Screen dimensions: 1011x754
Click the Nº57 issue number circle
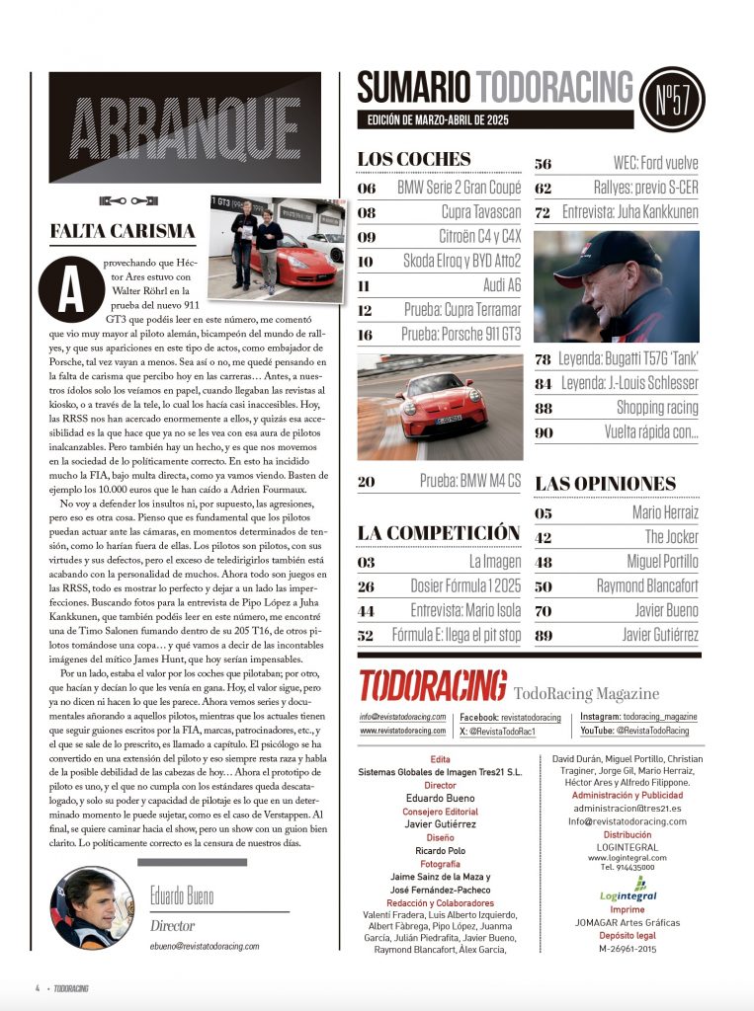pos(672,100)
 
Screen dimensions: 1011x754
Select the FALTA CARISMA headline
pos(123,231)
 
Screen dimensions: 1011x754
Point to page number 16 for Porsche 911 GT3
pos(367,335)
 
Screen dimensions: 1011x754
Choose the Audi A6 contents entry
pos(485,285)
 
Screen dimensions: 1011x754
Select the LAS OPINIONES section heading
pos(606,484)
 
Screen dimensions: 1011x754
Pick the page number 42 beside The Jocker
pos(543,537)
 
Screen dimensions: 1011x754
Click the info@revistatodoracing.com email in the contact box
pos(402,718)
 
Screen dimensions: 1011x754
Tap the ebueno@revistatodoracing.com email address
pos(205,946)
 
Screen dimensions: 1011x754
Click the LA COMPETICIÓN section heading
pos(438,533)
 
